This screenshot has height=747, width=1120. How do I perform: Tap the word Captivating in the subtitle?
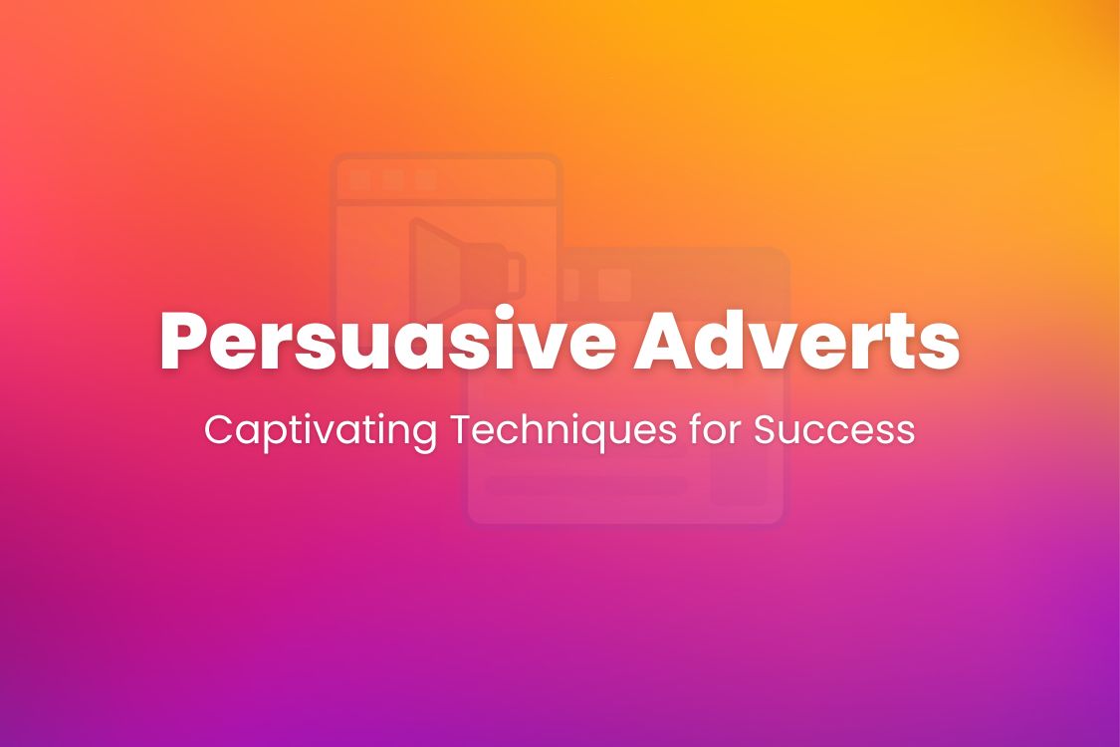click(321, 429)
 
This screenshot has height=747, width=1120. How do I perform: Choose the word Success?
click(833, 429)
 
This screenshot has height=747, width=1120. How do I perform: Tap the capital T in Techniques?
click(463, 429)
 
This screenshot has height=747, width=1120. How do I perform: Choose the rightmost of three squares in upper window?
click(426, 180)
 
